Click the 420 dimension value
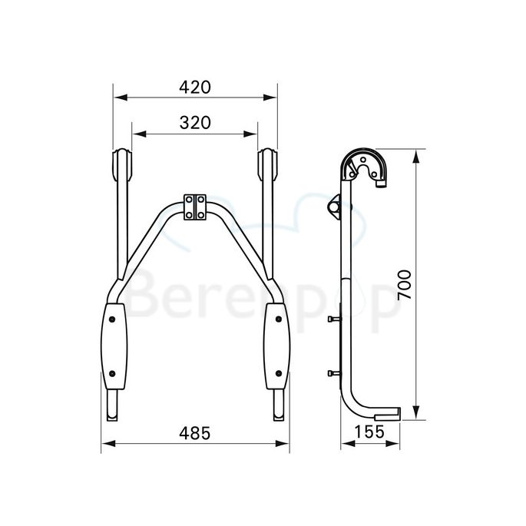(195, 87)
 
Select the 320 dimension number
(195, 122)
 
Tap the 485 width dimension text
(195, 432)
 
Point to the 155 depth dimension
(371, 432)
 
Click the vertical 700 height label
(405, 286)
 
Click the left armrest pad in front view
(114, 346)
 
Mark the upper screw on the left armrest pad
(114, 316)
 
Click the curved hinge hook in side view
(366, 165)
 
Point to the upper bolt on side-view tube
(331, 320)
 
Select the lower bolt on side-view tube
(331, 374)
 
